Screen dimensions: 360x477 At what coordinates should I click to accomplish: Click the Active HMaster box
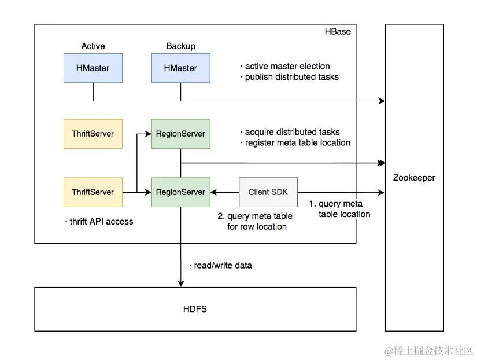(93, 68)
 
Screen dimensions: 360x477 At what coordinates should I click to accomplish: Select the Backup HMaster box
(180, 68)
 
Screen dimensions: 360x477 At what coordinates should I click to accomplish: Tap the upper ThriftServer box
(93, 134)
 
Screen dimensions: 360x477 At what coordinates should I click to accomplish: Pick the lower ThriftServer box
(93, 192)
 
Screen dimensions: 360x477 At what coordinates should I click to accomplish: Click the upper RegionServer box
(180, 134)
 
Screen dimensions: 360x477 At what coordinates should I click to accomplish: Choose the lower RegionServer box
(180, 192)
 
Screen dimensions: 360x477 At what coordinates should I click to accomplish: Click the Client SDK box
(268, 192)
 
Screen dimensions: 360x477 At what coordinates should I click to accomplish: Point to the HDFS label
(195, 309)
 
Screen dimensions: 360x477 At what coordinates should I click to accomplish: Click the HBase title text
(337, 31)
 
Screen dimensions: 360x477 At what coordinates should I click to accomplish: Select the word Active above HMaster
(93, 46)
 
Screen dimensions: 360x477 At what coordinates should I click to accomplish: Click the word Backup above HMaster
(180, 46)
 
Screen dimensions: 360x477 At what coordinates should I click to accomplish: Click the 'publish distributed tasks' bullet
(290, 77)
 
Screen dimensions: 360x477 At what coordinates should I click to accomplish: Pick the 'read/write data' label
(220, 265)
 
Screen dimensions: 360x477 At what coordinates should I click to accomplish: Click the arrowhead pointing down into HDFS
(181, 284)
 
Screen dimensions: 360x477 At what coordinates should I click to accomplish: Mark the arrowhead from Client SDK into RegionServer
(214, 192)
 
